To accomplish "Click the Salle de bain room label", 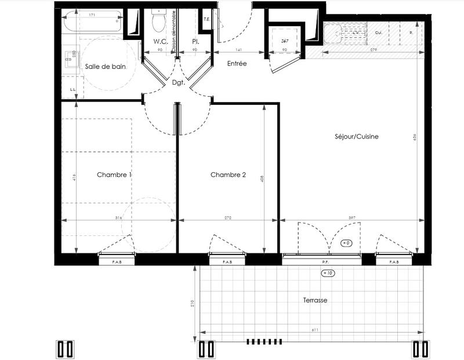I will tap(105, 67).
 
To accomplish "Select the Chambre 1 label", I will tap(114, 174).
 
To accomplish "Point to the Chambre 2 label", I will tap(228, 174).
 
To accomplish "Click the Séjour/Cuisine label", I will tap(357, 137).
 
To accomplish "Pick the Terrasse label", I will tap(316, 301).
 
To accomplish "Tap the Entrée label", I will tap(237, 64).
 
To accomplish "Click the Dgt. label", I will tap(177, 82).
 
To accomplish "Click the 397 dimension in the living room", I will tap(351, 217).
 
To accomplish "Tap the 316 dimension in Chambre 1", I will tap(119, 217).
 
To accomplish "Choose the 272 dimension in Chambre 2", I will tap(228, 217).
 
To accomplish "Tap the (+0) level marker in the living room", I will tap(346, 243).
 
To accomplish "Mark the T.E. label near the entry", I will tap(206, 20).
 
